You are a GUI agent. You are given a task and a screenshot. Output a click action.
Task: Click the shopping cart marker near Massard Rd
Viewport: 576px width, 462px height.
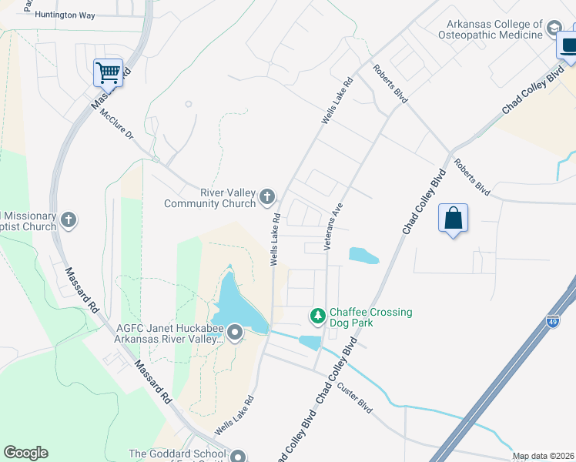tap(109, 72)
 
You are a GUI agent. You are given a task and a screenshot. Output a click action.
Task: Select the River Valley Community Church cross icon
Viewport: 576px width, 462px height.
tap(267, 198)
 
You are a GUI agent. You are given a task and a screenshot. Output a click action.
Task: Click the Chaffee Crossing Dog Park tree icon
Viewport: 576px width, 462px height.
tap(317, 316)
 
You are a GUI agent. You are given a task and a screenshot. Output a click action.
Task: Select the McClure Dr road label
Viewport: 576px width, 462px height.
tap(117, 123)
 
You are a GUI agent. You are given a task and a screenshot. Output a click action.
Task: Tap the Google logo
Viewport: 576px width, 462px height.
tap(25, 453)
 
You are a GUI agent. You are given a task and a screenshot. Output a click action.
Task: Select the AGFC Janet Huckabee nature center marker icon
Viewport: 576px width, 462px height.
tap(235, 333)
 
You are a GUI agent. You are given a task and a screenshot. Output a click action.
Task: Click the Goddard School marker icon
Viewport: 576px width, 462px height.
tap(238, 457)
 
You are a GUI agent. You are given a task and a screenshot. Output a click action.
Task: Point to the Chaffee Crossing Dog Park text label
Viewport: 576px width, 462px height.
tap(370, 317)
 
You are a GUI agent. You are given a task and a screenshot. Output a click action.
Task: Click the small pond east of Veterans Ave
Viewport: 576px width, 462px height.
tap(363, 256)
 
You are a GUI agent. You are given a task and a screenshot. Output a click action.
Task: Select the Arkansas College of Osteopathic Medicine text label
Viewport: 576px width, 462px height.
tap(490, 29)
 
